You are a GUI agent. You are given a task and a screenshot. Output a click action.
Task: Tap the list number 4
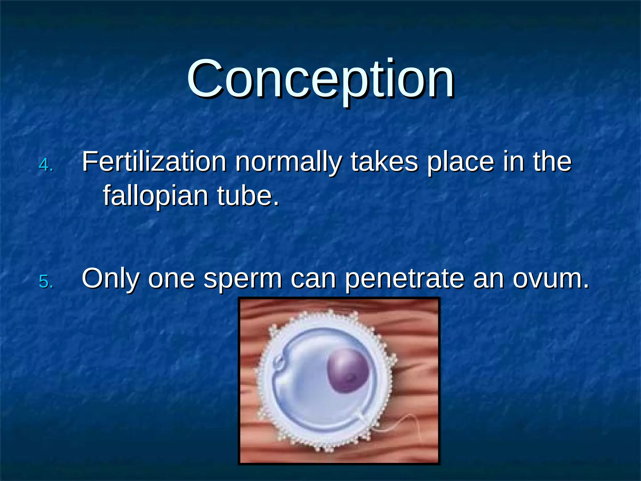46,165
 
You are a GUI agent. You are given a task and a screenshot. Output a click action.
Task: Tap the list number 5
46,281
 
